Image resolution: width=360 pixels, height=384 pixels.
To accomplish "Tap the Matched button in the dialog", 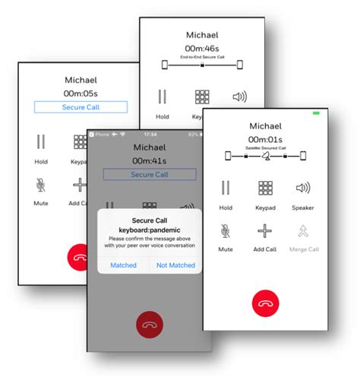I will [x=123, y=265].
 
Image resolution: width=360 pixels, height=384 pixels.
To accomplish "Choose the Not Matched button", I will [x=175, y=265].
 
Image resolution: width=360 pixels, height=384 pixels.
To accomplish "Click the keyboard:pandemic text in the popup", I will [x=149, y=230].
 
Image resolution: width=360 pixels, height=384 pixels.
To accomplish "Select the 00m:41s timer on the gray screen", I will [x=149, y=160].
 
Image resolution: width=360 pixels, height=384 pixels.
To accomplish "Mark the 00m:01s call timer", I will [x=265, y=138].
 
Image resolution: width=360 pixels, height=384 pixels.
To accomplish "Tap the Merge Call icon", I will [x=303, y=230].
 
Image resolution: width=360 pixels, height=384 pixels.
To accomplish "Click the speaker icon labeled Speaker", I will [x=303, y=188].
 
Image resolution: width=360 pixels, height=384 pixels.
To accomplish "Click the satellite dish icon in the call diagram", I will [x=265, y=156].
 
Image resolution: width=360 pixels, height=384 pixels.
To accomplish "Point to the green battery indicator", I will [x=316, y=113].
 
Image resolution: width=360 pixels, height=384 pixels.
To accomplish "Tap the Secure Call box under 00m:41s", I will [x=149, y=174].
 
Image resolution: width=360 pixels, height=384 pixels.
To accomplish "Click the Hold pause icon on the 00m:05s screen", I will [x=41, y=142].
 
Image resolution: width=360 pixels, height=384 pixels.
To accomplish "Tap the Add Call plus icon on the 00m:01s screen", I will [x=264, y=230].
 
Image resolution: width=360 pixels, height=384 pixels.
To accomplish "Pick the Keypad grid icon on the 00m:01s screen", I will [x=265, y=188].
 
